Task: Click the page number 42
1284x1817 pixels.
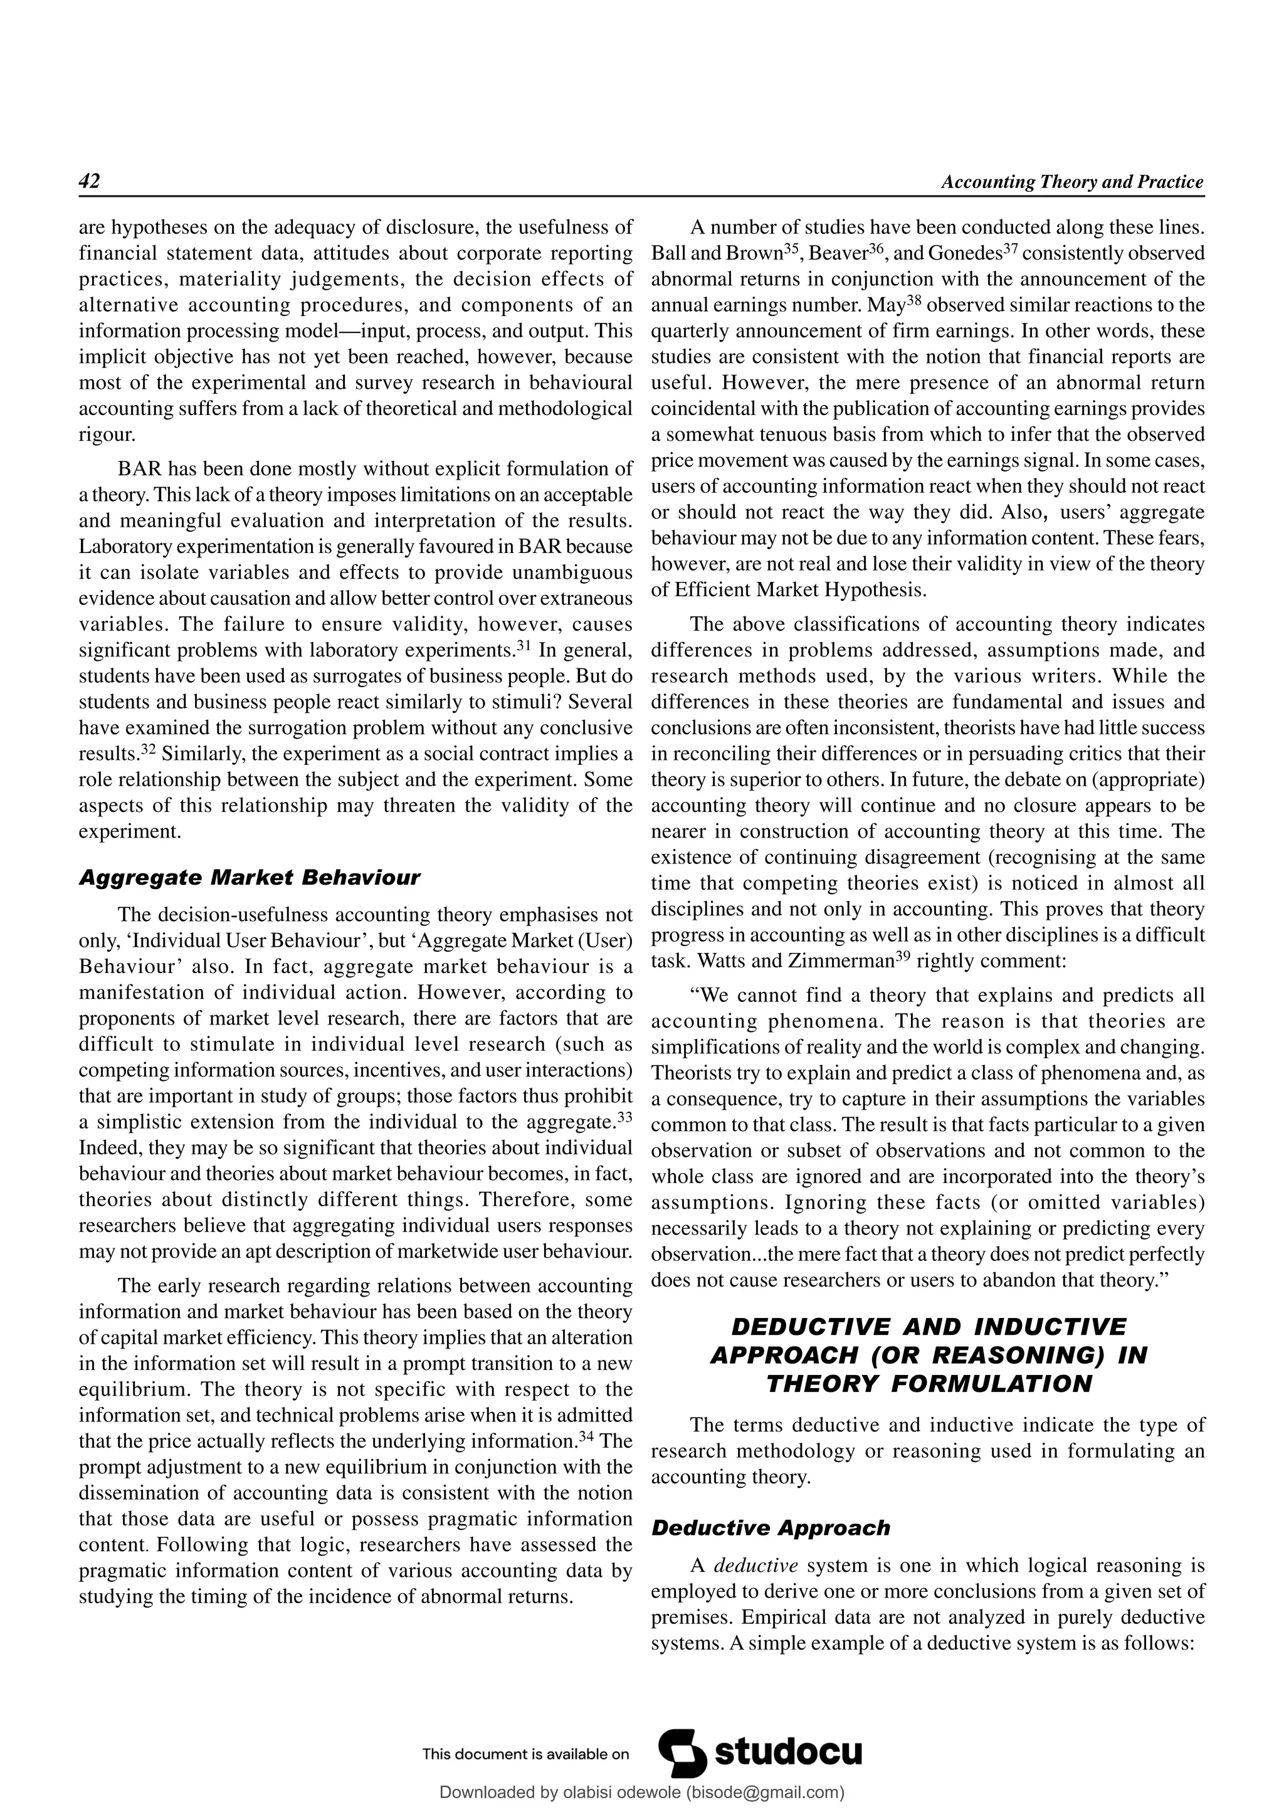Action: point(90,181)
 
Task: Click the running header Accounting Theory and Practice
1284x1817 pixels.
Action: point(1071,182)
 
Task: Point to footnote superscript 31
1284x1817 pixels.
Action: point(522,646)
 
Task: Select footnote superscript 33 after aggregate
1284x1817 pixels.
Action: point(624,1117)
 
